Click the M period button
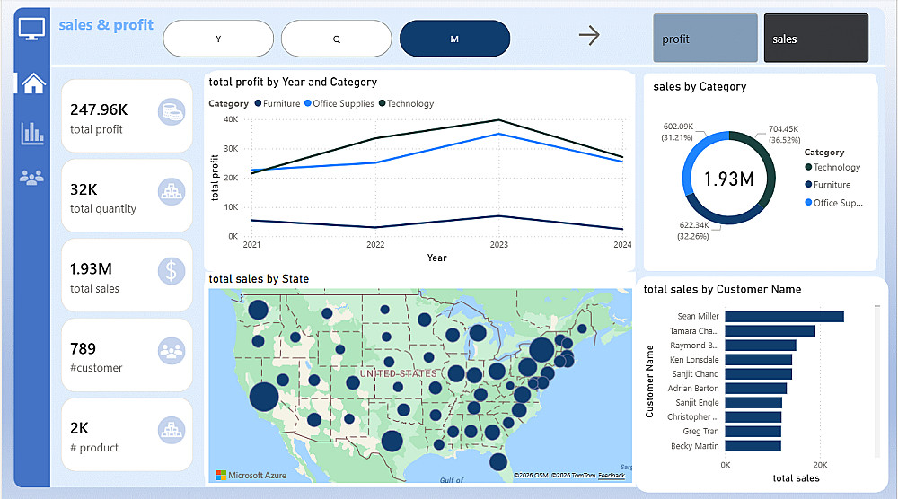(454, 39)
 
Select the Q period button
(336, 39)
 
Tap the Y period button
(218, 39)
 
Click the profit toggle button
(705, 39)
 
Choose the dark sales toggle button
(815, 39)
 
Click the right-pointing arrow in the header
(589, 36)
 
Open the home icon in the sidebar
(33, 83)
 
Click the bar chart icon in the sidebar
(32, 134)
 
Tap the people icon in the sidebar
(31, 178)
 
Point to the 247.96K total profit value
(99, 109)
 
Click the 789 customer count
(83, 348)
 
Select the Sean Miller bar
(784, 316)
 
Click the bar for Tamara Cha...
(770, 330)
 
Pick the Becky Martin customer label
(694, 446)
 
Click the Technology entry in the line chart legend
(409, 104)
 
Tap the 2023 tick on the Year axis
(500, 245)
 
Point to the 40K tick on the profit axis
(230, 119)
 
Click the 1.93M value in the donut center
(727, 179)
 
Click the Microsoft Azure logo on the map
(251, 475)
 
